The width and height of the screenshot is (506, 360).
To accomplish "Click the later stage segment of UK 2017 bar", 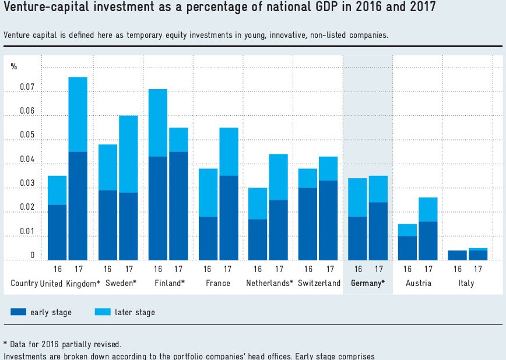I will click(78, 114).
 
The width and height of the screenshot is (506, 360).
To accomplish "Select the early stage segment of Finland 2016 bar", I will click(158, 208).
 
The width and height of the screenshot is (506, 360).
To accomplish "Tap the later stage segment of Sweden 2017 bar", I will click(128, 154).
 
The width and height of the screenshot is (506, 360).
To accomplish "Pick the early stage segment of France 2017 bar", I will click(229, 217).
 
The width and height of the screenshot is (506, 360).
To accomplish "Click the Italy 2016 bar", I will click(458, 255).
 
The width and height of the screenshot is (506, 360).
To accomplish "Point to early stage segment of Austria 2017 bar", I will click(428, 241).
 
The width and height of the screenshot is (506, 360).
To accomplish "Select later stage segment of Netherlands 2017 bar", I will click(279, 177).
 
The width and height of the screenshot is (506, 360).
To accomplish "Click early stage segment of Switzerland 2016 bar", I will click(308, 224).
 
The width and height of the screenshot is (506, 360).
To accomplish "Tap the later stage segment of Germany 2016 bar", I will click(357, 197).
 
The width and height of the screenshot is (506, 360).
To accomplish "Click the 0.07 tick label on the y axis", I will click(29, 88).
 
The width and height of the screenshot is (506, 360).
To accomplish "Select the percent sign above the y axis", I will click(14, 66).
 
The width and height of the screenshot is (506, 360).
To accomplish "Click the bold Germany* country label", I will click(368, 284).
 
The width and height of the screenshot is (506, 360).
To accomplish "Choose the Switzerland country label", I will click(319, 284).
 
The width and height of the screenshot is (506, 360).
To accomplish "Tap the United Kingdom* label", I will click(70, 284).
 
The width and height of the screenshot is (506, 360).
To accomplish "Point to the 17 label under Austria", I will click(428, 269).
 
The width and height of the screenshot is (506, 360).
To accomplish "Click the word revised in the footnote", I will click(107, 344).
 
